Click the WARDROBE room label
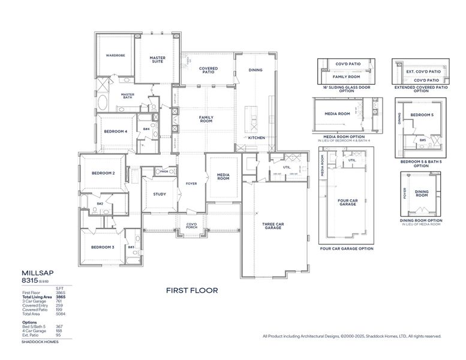[115, 55]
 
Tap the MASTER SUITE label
[157, 59]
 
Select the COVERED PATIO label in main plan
[208, 70]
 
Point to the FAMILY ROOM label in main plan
[206, 119]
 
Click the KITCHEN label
[257, 137]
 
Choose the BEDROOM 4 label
[115, 131]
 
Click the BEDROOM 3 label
[103, 247]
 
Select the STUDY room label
[160, 194]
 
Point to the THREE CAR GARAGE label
[272, 226]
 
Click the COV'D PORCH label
[191, 226]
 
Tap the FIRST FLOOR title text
[192, 290]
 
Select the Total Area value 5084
[61, 314]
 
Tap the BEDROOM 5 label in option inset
[422, 114]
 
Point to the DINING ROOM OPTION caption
[421, 220]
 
